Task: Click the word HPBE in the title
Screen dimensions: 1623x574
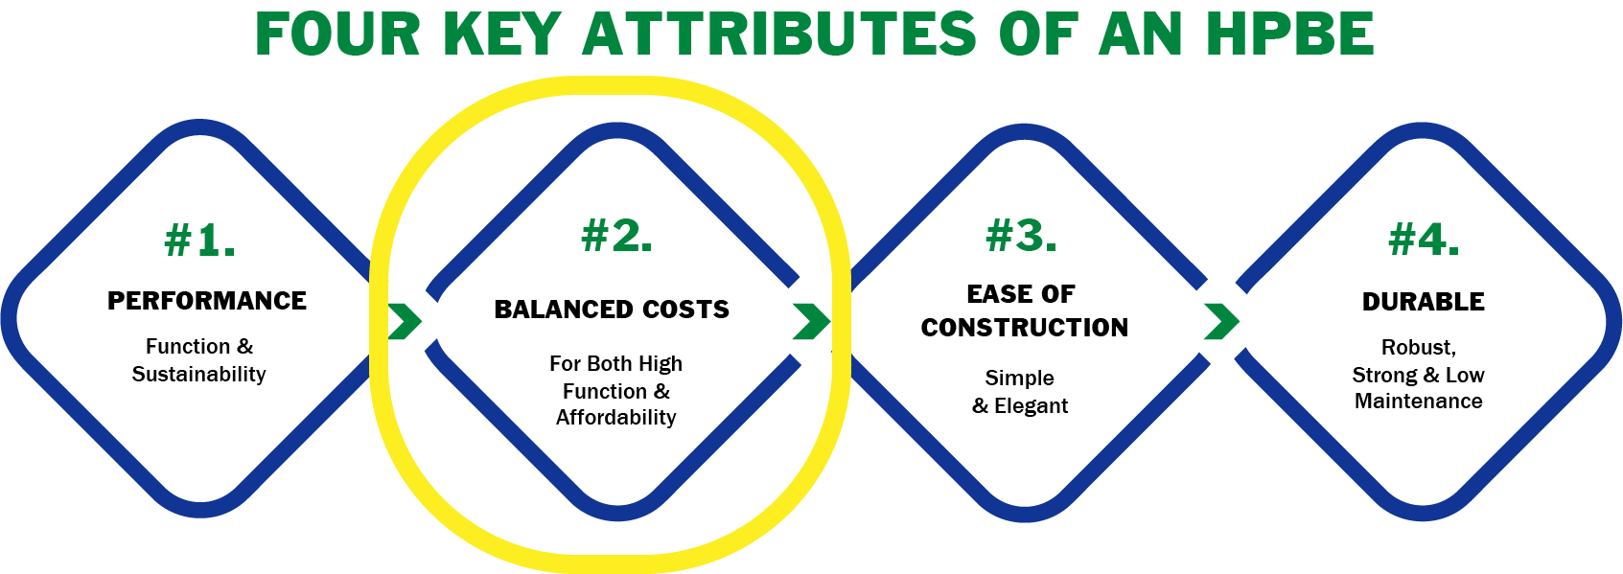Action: coord(1290,34)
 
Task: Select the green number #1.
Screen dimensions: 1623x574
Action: coord(200,240)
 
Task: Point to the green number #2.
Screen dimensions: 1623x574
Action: coord(616,235)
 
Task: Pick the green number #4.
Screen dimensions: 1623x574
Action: coord(1424,240)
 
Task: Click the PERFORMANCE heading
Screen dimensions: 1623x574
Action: coord(206,300)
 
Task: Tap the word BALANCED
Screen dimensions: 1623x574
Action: coord(553,310)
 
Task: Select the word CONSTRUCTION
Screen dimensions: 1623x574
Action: coord(1025,327)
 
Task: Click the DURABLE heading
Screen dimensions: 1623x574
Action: coord(1423,301)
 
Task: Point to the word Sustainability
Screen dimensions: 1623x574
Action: coord(198,375)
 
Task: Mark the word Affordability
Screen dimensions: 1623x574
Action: coord(615,417)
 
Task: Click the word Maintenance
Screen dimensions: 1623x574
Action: coord(1419,401)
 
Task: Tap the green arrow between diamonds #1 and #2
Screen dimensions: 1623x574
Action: coord(405,321)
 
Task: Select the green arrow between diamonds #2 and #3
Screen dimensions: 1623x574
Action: coord(811,321)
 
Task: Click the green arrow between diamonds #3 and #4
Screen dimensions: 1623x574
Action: coord(1221,321)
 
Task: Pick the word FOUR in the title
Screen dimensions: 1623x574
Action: coord(337,34)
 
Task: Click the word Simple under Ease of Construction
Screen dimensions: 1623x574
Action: coord(1019,378)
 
